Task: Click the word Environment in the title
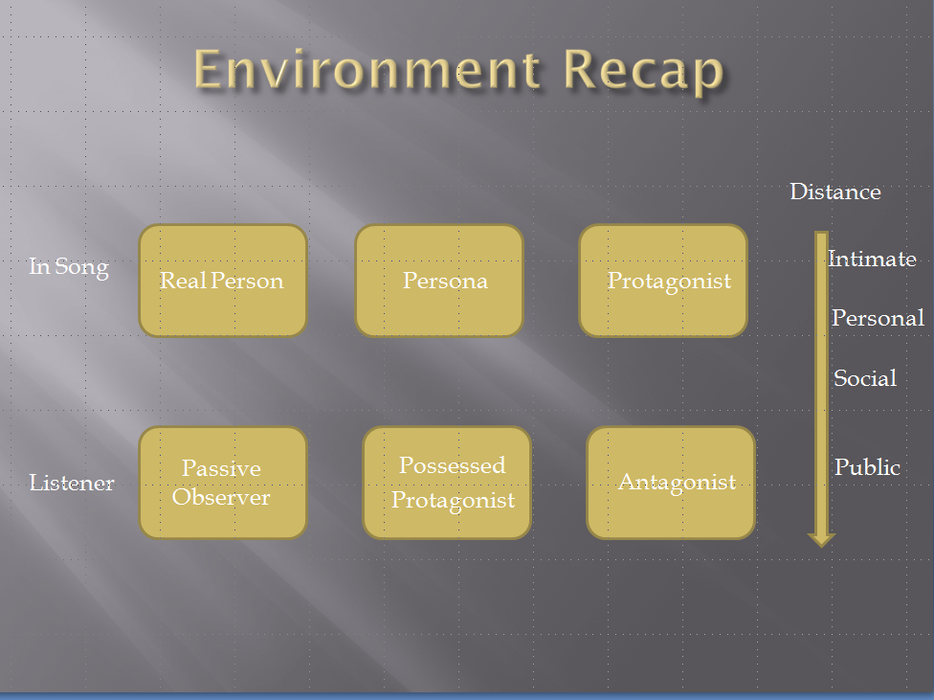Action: coord(367,69)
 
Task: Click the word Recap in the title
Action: coord(643,72)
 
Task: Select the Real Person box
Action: coord(223,281)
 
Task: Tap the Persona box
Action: coord(439,281)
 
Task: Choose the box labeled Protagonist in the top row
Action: coord(663,281)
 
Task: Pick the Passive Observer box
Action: coord(223,483)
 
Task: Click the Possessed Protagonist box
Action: coord(447,483)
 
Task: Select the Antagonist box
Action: coord(671,483)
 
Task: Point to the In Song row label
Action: coord(69,267)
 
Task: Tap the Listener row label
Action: coord(72,483)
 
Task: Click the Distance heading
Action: coord(835,192)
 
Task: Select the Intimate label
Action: coord(872,259)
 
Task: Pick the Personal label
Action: coord(878,318)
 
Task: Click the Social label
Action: coord(865,378)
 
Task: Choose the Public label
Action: coord(867,467)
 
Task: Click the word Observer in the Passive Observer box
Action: coord(221,497)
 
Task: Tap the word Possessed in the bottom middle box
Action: coord(452,465)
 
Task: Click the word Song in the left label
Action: coord(82,268)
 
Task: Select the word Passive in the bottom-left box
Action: coord(221,468)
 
